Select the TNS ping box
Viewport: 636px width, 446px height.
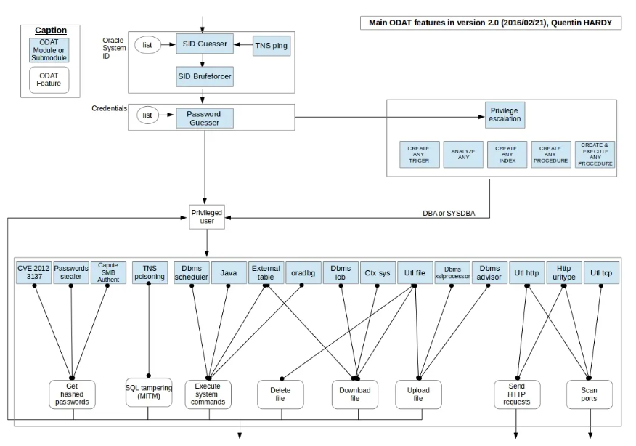[x=271, y=46]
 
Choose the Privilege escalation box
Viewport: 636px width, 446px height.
[x=504, y=114]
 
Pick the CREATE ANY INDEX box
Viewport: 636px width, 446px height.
[x=506, y=155]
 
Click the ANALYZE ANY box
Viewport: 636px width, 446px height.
[x=462, y=155]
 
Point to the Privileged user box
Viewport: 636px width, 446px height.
[x=206, y=216]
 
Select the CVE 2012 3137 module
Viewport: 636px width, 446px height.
[x=33, y=272]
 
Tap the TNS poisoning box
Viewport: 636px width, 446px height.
[x=149, y=272]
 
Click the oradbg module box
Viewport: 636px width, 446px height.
[x=302, y=272]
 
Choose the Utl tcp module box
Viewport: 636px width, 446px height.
[x=601, y=272]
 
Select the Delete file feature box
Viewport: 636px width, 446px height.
[x=280, y=394]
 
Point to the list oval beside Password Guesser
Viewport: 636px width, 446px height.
[x=148, y=114]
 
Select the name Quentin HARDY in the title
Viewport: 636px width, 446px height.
[x=586, y=23]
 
